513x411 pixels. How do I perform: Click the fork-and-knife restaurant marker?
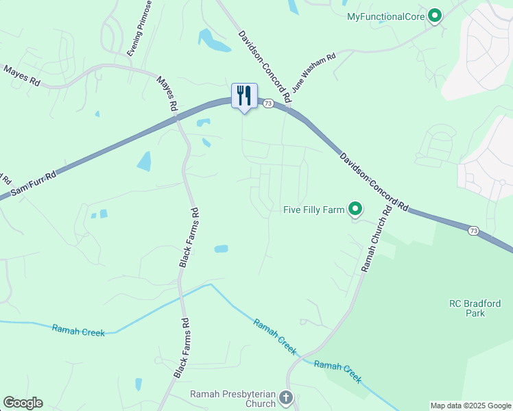click(244, 96)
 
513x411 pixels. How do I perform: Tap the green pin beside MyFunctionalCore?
click(434, 16)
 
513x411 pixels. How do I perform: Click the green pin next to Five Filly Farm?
click(355, 208)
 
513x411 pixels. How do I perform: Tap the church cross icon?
click(286, 397)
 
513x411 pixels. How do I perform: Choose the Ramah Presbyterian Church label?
click(232, 399)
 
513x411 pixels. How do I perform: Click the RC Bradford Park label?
click(475, 308)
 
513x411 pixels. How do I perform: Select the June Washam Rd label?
click(313, 73)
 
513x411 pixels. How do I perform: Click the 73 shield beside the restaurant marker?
click(268, 103)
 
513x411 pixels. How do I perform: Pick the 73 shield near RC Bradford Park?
click(474, 231)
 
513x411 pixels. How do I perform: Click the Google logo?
click(23, 403)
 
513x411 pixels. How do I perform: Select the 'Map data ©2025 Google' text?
click(470, 406)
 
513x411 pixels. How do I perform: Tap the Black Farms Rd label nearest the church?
click(181, 348)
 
